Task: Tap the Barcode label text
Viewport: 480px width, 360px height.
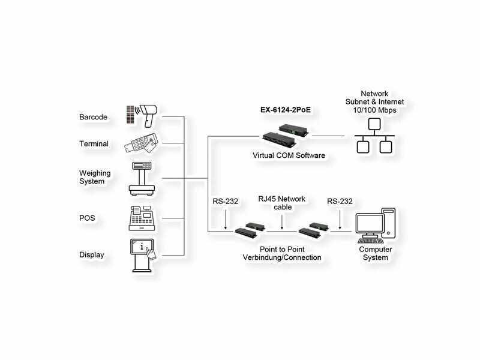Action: point(93,117)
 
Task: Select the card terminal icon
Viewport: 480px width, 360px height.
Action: point(143,144)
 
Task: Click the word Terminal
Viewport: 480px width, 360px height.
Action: point(94,144)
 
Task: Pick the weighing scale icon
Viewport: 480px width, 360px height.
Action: point(143,178)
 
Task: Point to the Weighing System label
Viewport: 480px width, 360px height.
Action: point(95,177)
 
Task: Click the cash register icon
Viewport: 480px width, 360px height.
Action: point(143,218)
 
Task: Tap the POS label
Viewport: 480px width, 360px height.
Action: point(87,218)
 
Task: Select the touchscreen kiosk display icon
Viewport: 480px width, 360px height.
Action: point(143,255)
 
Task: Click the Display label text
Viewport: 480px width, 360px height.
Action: point(92,255)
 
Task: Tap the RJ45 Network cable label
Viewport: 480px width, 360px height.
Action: point(282,203)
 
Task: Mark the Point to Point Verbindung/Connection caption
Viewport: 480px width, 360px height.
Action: point(281,253)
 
